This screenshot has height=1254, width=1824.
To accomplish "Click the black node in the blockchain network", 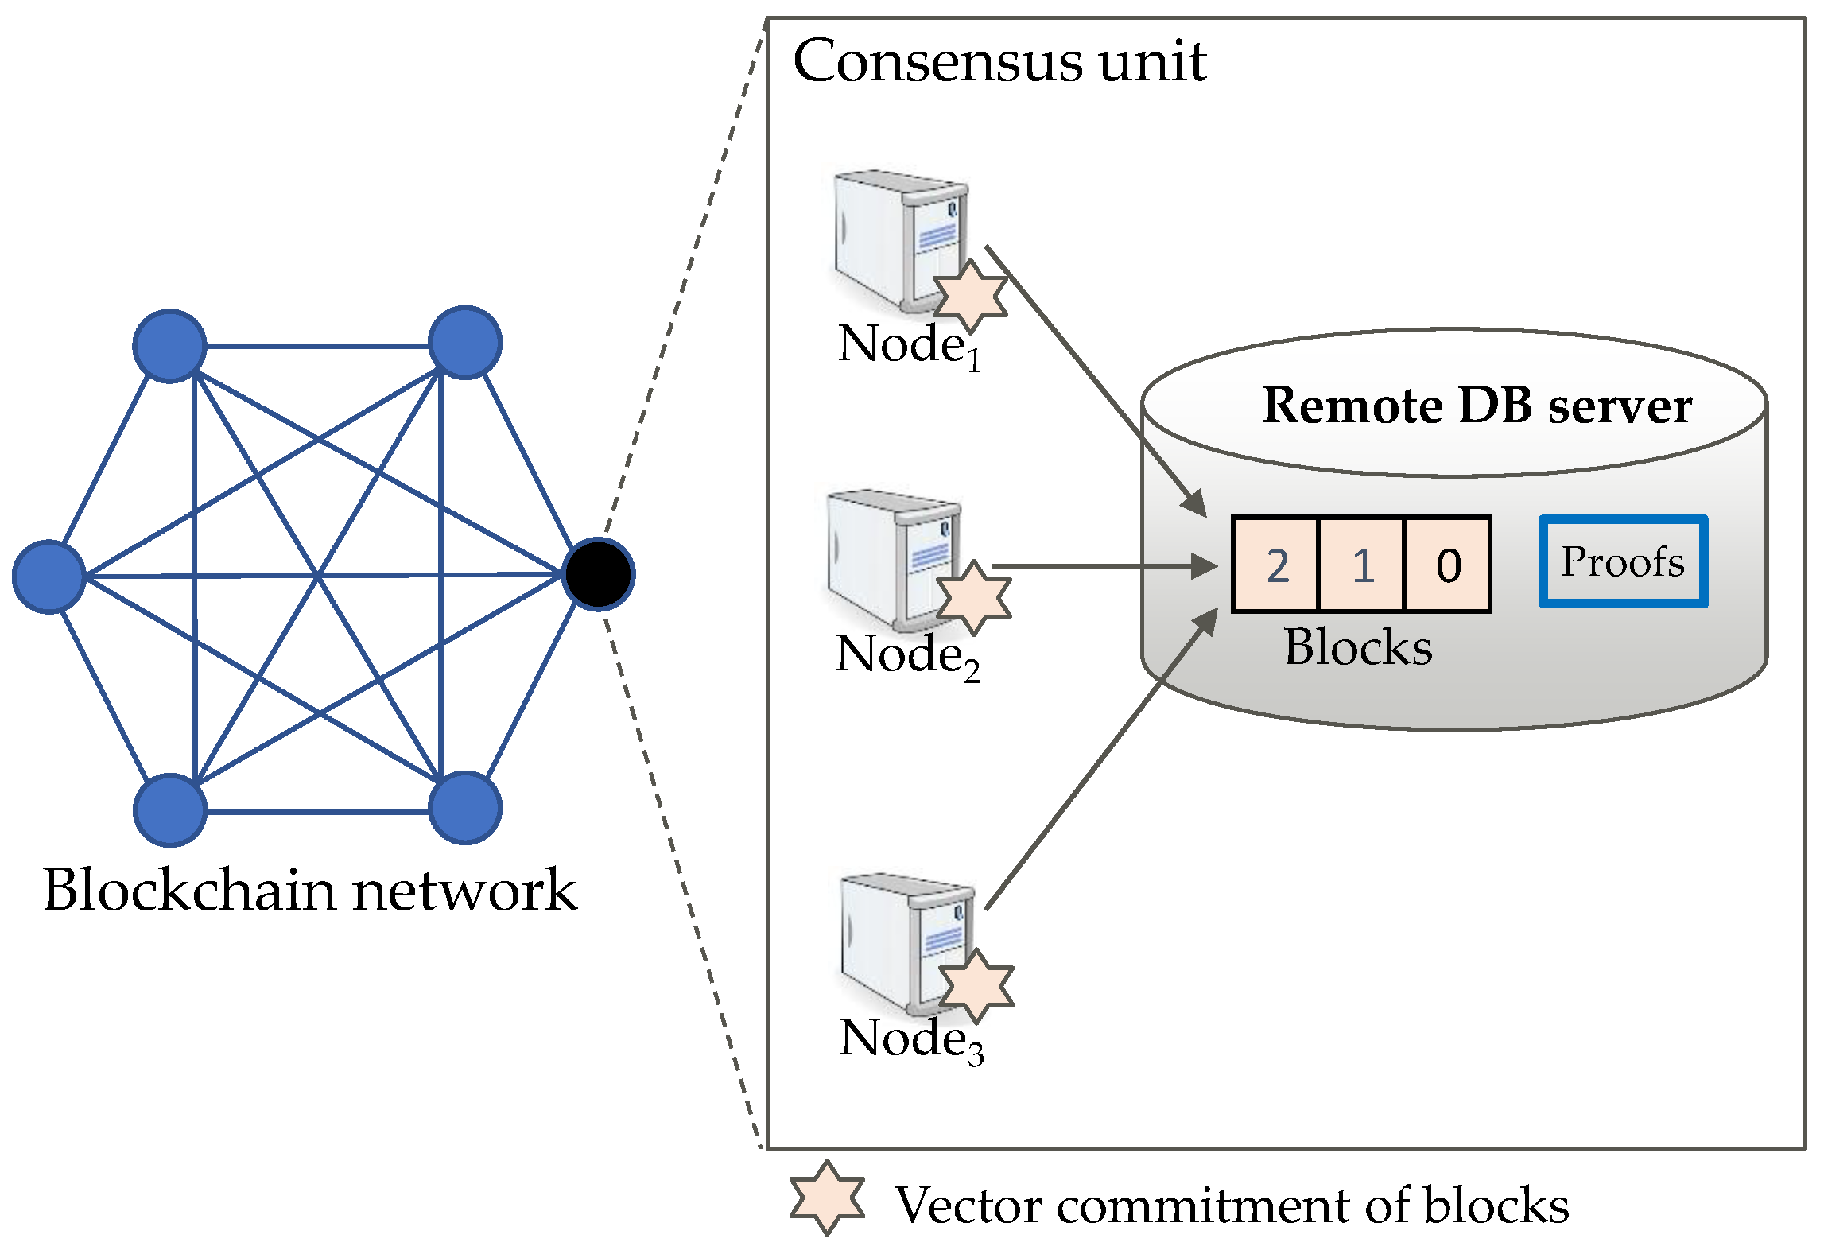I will coord(598,574).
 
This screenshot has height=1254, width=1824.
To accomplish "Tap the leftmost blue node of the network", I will coord(49,577).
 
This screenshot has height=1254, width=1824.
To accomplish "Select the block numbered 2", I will coord(1276,565).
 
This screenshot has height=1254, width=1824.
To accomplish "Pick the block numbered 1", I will coord(1362,565).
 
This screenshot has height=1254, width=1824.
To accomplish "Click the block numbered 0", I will coord(1448,565).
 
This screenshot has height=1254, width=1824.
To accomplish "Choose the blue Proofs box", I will coord(1623,561).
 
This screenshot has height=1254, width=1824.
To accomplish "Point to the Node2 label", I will coord(907,656).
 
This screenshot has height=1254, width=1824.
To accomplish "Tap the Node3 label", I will coord(911,1040).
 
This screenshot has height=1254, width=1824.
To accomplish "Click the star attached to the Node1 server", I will coord(970,295).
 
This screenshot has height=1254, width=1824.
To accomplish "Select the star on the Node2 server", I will coord(974,597).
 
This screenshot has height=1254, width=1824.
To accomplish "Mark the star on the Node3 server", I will coord(976,985).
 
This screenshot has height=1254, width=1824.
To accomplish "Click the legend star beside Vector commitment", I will coord(827,1198).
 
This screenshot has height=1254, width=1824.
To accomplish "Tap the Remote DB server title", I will coord(1477,406).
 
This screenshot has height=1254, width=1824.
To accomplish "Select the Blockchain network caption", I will coord(310,890).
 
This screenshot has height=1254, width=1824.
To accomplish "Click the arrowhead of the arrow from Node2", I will coord(1205,566).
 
